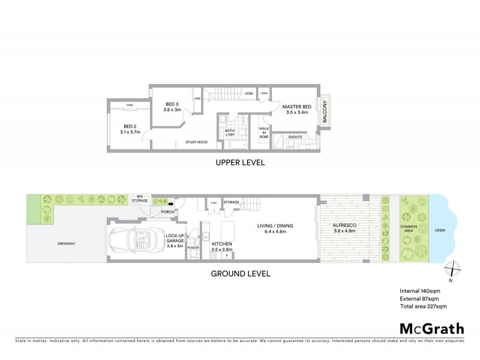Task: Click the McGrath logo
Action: click(x=431, y=328)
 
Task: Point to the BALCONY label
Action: click(x=325, y=110)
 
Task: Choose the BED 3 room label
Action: click(x=172, y=106)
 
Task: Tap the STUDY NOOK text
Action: click(x=196, y=143)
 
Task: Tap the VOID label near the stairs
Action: click(x=248, y=94)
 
